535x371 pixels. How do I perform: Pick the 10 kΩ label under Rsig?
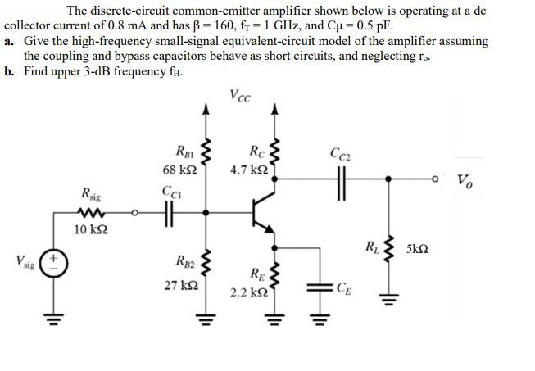(x=89, y=228)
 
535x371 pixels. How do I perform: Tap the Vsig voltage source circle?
(x=53, y=266)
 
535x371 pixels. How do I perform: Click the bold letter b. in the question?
(x=9, y=70)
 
